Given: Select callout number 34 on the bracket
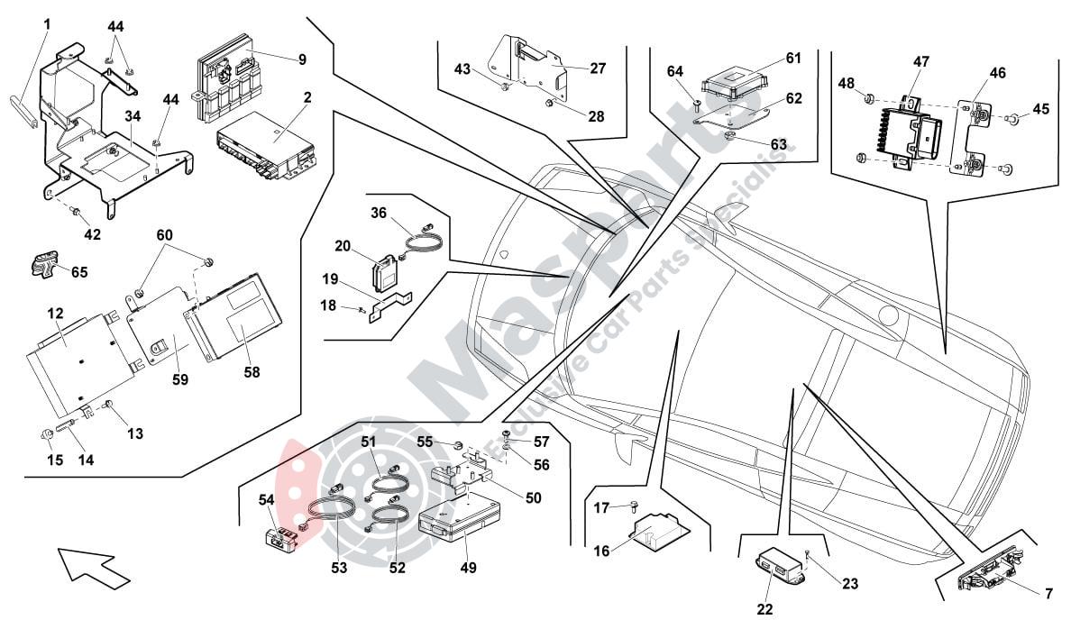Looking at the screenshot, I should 133,117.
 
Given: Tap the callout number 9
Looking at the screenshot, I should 302,60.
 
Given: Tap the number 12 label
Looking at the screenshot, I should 55,314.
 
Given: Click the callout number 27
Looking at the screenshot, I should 598,68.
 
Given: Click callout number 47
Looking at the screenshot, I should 920,62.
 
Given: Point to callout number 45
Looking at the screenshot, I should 1041,110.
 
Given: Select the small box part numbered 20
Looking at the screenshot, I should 386,271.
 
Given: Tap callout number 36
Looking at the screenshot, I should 378,213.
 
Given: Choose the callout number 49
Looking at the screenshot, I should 468,568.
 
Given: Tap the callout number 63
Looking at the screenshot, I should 778,143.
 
